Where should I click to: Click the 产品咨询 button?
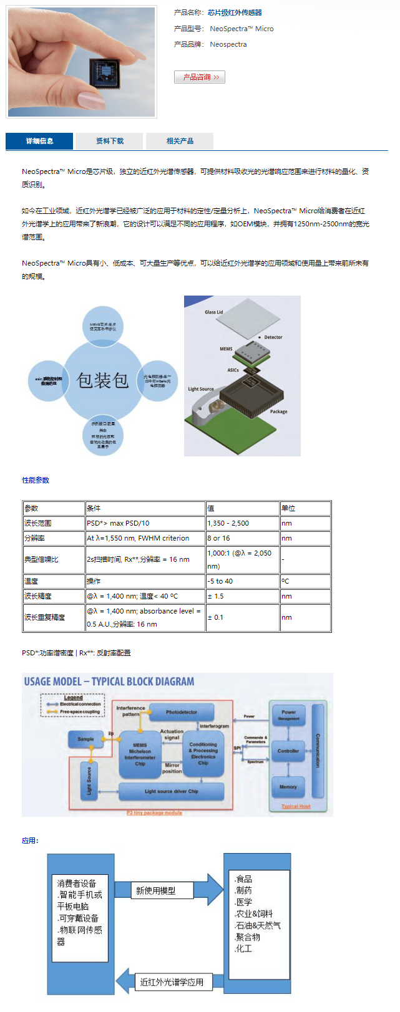click(x=200, y=77)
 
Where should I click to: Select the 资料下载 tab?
click(x=109, y=141)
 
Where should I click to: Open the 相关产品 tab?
click(x=180, y=141)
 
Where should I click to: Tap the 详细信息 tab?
click(x=39, y=141)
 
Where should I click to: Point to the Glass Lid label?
click(x=213, y=312)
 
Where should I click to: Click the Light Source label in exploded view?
click(x=201, y=389)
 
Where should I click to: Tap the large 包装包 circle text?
click(x=103, y=380)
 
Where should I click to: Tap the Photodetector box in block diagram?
click(x=182, y=712)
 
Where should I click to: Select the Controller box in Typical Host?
click(x=288, y=751)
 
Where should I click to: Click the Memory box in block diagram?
click(x=288, y=787)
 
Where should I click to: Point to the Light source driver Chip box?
click(x=171, y=791)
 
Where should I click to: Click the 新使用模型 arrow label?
click(x=156, y=891)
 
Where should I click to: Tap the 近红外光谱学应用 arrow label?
click(x=172, y=982)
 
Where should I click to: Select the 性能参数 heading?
click(x=36, y=480)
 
